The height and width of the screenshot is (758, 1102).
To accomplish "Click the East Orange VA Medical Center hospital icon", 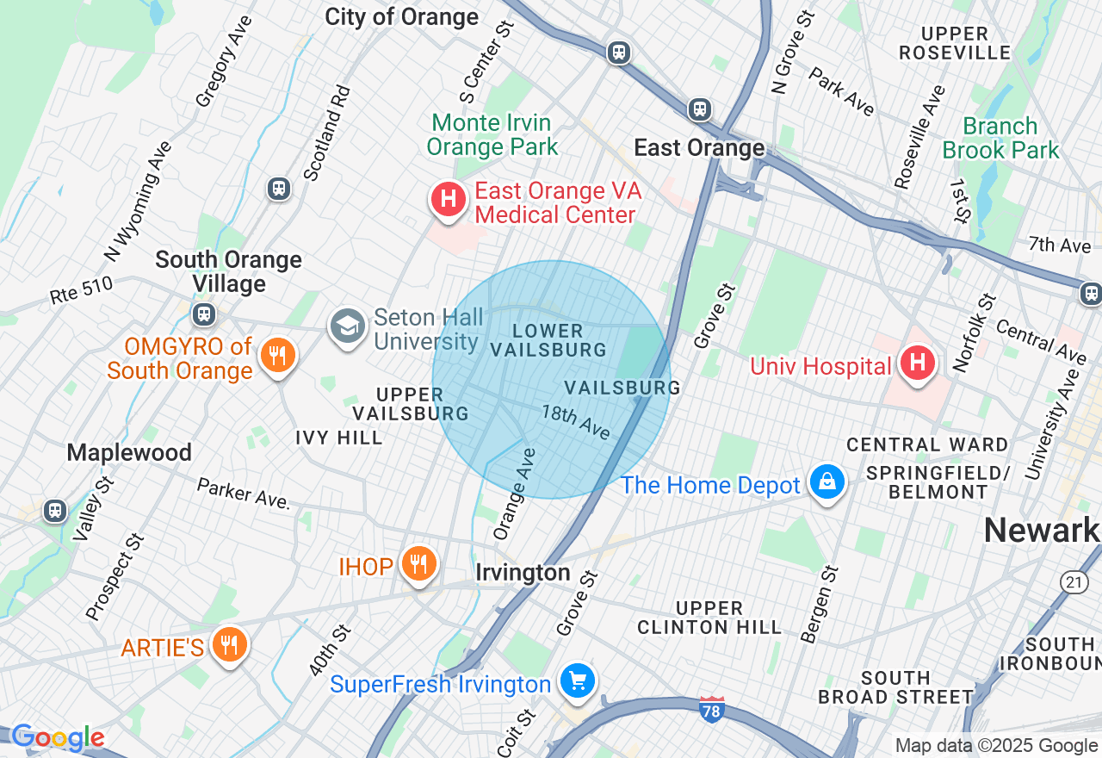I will [448, 200].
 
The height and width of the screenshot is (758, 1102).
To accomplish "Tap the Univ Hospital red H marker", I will [918, 363].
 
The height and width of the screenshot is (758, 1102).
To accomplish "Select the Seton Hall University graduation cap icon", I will [348, 326].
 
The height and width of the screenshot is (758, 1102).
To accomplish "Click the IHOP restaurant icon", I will [418, 564].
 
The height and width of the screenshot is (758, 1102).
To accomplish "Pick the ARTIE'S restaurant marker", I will [229, 644].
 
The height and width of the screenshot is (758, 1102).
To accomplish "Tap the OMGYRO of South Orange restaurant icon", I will [276, 354].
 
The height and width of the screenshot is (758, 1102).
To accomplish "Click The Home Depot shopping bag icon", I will [826, 483].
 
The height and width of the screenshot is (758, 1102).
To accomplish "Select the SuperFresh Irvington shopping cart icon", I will [577, 681].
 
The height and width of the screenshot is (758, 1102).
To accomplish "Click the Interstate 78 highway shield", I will [711, 708].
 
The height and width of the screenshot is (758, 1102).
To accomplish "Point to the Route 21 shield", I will [1073, 583].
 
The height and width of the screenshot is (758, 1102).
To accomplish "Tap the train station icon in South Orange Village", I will [204, 314].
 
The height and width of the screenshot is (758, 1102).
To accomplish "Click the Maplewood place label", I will [129, 452].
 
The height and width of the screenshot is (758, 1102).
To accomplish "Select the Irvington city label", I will [523, 573].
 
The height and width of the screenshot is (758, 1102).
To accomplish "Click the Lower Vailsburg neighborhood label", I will [548, 340].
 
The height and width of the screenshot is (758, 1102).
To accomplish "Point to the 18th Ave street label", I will [575, 421].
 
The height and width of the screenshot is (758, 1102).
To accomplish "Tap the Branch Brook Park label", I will [1000, 138].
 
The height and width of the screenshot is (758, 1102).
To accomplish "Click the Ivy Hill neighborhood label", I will [338, 438].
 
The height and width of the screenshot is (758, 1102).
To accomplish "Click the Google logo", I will [58, 738].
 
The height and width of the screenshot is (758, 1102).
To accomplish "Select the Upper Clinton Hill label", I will [709, 618].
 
